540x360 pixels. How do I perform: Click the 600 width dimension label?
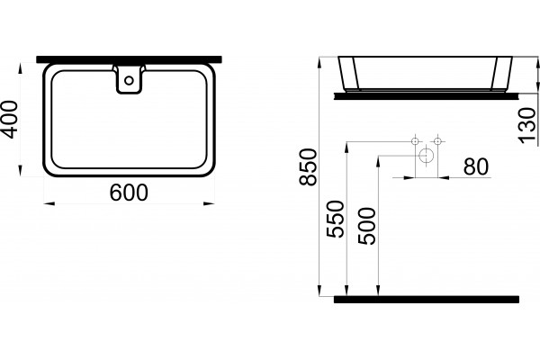click(129, 193)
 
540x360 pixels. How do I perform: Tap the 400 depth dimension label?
click(9, 119)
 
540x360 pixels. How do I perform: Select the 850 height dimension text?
click(308, 167)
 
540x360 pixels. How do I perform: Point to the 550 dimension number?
click(335, 219)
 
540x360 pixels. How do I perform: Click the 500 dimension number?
click(366, 226)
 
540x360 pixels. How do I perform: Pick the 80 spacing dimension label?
click(476, 166)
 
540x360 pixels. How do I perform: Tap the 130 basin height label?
click(527, 125)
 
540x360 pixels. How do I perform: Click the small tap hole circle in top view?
click(129, 81)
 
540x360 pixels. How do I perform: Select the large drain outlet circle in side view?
click(427, 156)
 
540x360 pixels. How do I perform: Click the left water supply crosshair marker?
click(415, 141)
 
